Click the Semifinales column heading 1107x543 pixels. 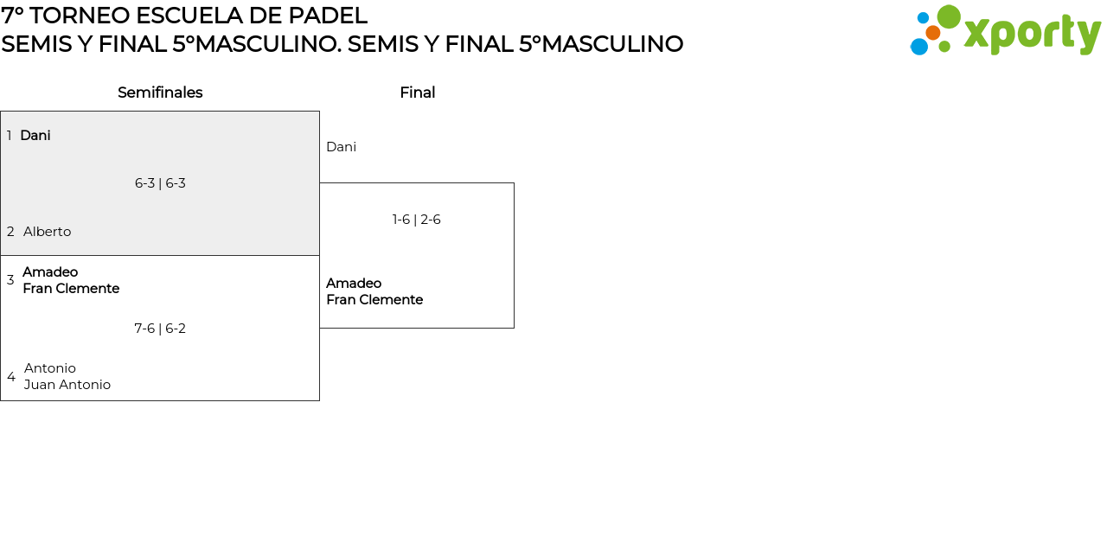click(160, 93)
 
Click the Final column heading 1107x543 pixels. click(417, 93)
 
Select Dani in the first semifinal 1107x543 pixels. click(35, 136)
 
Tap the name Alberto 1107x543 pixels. click(48, 232)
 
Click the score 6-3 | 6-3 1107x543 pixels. click(160, 183)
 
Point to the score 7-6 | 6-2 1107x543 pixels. click(160, 329)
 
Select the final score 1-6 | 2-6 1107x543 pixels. click(417, 220)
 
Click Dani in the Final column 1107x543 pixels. click(341, 147)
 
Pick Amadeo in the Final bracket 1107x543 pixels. click(354, 284)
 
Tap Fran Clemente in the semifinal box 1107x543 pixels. click(71, 289)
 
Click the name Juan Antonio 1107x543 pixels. click(67, 385)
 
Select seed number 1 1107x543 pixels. click(10, 136)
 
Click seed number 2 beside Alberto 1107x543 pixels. click(10, 232)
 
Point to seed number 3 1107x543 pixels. click(10, 280)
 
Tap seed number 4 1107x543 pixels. click(11, 377)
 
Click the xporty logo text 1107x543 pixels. click(1032, 35)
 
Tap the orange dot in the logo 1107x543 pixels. click(932, 33)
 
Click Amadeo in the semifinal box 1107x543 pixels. click(50, 272)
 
